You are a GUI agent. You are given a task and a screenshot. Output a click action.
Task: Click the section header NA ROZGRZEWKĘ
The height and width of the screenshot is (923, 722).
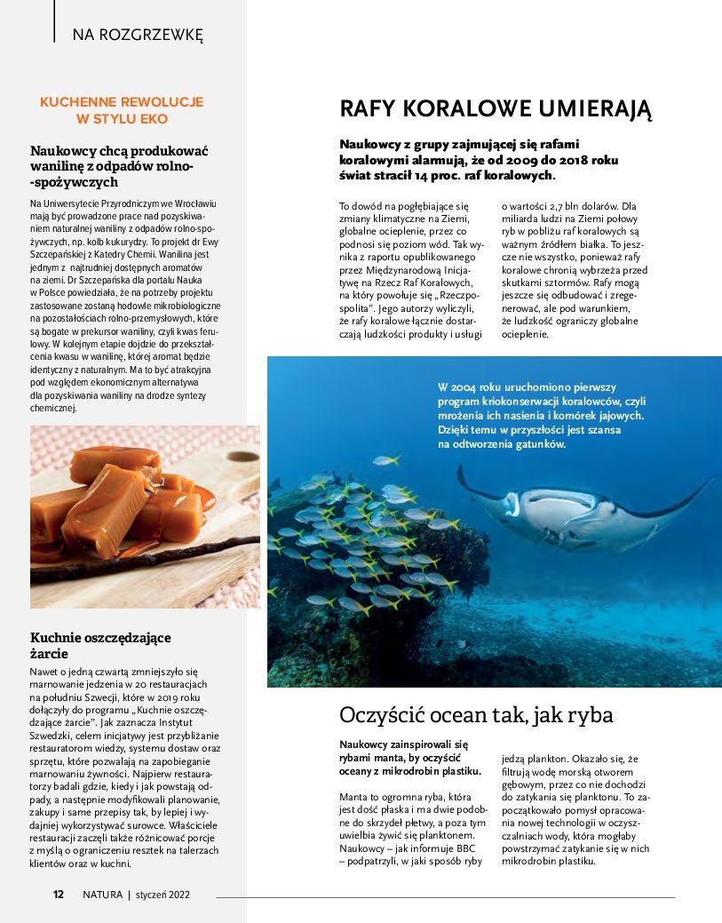pyautogui.click(x=138, y=36)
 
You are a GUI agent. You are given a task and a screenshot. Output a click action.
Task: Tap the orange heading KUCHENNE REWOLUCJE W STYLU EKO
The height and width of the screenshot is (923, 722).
pyautogui.click(x=122, y=110)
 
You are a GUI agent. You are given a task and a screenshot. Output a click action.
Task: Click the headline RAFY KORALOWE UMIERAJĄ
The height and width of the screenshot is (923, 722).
pyautogui.click(x=496, y=109)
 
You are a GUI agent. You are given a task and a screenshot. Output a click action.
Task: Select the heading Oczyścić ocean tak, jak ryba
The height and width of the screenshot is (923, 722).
pyautogui.click(x=476, y=715)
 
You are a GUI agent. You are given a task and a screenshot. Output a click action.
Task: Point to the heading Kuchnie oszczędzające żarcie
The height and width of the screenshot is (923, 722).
pyautogui.click(x=100, y=645)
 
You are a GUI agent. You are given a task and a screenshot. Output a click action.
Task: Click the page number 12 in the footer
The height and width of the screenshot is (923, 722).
pyautogui.click(x=58, y=895)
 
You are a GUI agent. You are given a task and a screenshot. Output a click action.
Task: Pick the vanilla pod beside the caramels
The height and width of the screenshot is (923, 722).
pyautogui.click(x=151, y=549)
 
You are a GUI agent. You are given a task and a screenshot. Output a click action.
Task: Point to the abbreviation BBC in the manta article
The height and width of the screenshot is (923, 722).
pyautogui.click(x=465, y=847)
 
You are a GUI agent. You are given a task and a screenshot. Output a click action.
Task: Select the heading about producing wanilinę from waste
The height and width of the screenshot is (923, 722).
pyautogui.click(x=119, y=166)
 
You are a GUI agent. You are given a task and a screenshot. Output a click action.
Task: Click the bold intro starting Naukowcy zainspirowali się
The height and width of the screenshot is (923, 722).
pyautogui.click(x=409, y=758)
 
